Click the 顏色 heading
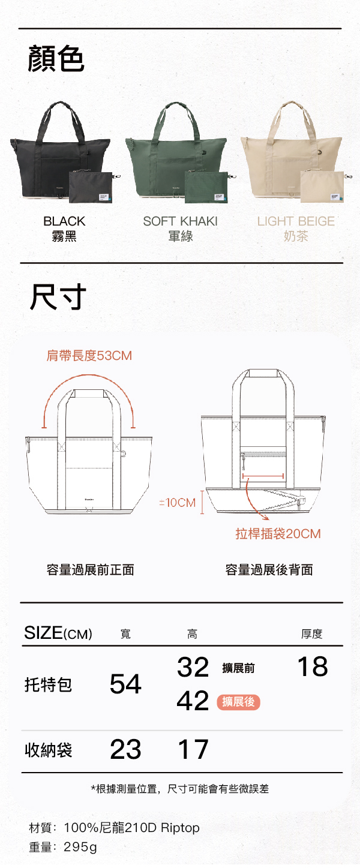[x=56, y=59]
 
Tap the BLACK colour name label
[x=64, y=221]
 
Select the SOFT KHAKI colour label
[x=180, y=221]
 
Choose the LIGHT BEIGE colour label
[x=296, y=221]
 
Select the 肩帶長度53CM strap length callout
[x=89, y=356]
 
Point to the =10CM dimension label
[x=177, y=503]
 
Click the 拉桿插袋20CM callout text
[x=278, y=533]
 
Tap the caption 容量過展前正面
[x=90, y=570]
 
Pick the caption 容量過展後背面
[x=269, y=570]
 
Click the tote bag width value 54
[x=125, y=684]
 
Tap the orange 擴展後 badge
[x=238, y=702]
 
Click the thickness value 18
[x=313, y=666]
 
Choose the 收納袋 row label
[x=49, y=750]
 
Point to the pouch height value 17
[x=193, y=750]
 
